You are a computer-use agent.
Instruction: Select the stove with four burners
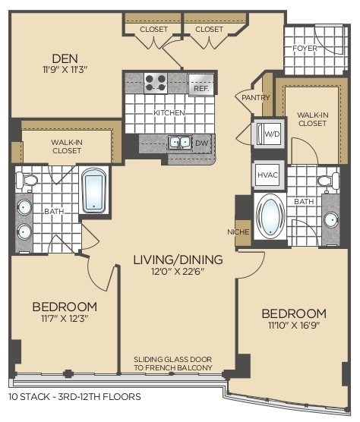(156, 82)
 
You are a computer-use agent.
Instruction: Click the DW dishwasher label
(202, 142)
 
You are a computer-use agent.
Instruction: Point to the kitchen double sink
(179, 142)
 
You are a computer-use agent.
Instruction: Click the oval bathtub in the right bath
(270, 216)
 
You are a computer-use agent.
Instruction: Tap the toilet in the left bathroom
(29, 180)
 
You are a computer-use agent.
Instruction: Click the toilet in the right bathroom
(330, 181)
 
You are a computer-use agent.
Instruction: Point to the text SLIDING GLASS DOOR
(172, 359)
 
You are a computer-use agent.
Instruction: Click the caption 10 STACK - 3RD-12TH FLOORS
(74, 396)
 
